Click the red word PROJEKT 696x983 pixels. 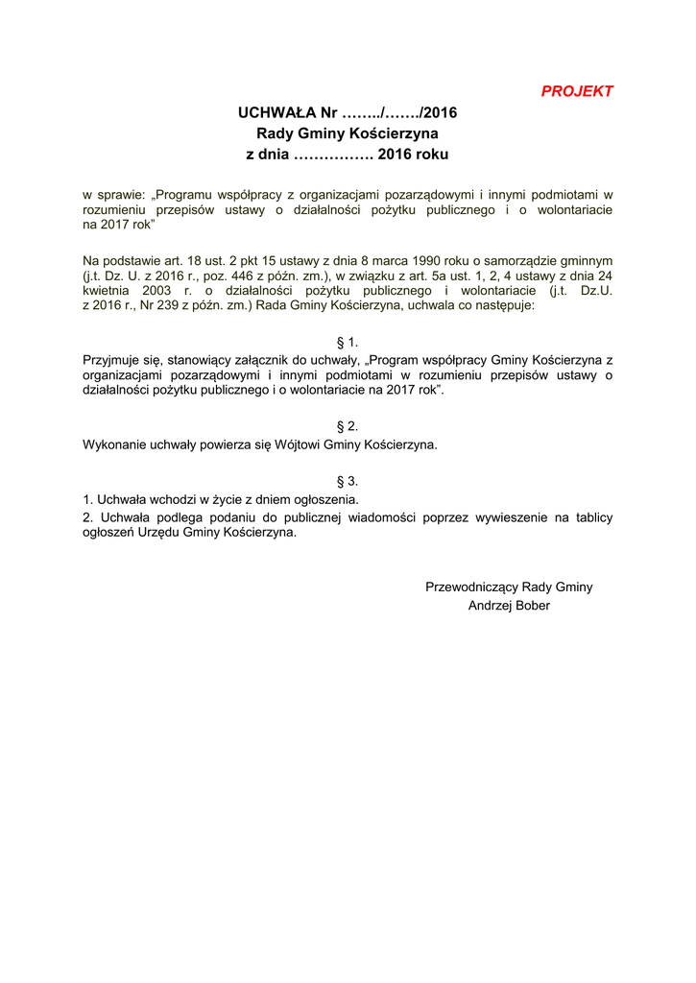[576, 91]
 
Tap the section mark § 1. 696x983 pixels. [348, 342]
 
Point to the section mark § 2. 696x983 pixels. [348, 425]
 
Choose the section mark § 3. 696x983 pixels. [348, 480]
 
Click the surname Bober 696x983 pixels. [532, 606]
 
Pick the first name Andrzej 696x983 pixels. [490, 606]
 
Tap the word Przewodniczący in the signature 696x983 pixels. [470, 587]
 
